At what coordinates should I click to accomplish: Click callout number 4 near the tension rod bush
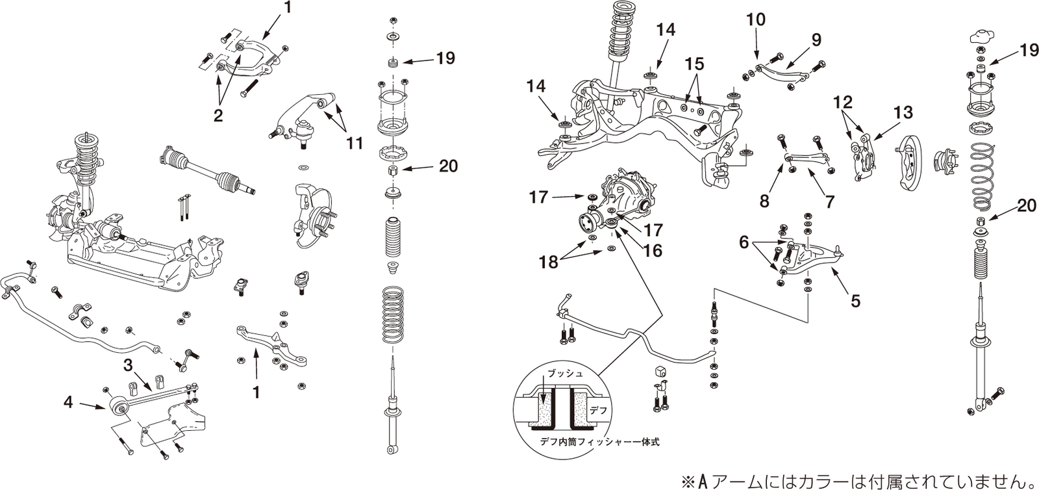coord(68,403)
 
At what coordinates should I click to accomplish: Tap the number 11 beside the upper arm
coord(355,143)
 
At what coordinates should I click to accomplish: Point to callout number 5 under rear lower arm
coord(855,301)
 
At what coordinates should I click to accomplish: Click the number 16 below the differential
coord(653,250)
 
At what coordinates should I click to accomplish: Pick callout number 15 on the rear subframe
coord(694,64)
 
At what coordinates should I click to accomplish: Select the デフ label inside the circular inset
coord(598,411)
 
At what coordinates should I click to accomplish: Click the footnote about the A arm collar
coord(856,482)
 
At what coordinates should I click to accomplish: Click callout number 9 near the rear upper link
coord(816,40)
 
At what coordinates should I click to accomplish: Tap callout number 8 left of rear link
coord(764,201)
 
